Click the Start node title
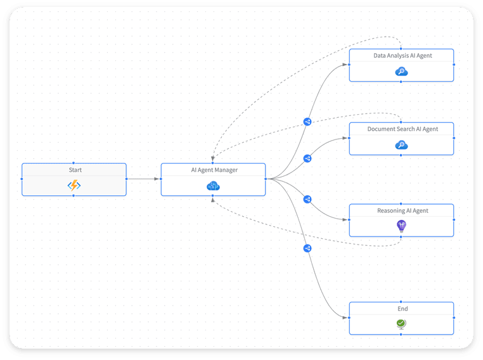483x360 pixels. [75, 170]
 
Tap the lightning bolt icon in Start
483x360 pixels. [74, 186]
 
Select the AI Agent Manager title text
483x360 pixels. [214, 170]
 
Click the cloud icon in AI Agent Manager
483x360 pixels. [213, 186]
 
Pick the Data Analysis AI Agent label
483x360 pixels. [402, 56]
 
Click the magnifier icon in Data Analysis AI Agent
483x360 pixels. [401, 72]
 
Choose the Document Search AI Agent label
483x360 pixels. [402, 129]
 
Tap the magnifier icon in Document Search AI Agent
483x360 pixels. [401, 145]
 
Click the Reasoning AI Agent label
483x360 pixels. [402, 210]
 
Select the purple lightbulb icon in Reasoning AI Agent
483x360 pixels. [401, 226]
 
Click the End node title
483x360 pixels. [402, 309]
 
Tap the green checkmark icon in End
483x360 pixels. [401, 324]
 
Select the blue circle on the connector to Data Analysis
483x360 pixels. [307, 122]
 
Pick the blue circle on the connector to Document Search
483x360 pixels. [307, 158]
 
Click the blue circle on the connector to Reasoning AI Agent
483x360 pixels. [307, 199]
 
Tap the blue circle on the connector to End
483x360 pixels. [307, 248]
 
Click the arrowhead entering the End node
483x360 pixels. [345, 318]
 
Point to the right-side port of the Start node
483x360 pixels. [126, 179]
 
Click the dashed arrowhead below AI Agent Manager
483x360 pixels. [213, 199]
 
